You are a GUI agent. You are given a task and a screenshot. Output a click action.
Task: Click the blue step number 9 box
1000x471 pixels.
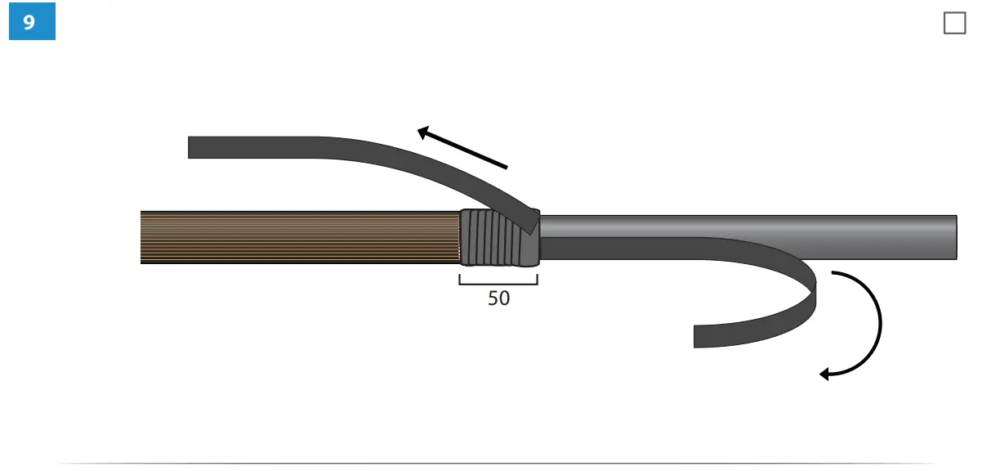(x=32, y=21)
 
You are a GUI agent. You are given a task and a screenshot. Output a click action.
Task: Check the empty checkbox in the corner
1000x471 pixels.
(x=955, y=23)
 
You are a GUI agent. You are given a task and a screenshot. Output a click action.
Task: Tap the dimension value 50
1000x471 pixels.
(x=498, y=298)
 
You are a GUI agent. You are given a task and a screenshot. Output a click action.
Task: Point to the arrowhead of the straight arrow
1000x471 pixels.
(x=422, y=132)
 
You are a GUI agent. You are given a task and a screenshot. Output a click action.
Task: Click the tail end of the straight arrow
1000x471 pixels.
(x=507, y=168)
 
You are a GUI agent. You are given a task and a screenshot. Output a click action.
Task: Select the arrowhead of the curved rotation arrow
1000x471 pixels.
(x=824, y=375)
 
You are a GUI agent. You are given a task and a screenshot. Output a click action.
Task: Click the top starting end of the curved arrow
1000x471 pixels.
(x=833, y=272)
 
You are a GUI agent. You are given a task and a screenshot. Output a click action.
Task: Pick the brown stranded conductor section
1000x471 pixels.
(x=300, y=237)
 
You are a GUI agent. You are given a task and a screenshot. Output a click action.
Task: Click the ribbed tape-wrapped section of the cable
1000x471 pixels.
(x=500, y=238)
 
